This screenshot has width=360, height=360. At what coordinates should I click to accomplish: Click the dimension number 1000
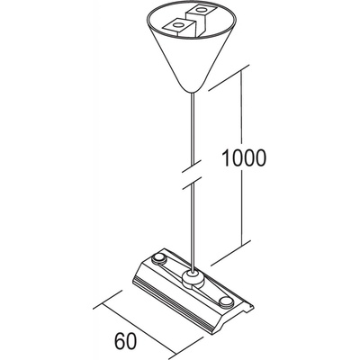tap(243, 157)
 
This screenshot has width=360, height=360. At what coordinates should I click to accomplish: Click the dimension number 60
tap(125, 339)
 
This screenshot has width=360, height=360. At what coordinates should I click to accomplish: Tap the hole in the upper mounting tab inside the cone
tap(199, 11)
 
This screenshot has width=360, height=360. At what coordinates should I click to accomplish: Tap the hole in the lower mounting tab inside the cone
tap(177, 24)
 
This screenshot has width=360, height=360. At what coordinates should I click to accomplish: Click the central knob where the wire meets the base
tap(191, 278)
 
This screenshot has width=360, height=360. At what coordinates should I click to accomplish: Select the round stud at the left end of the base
tap(159, 258)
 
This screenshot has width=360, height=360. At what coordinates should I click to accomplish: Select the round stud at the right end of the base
tap(226, 302)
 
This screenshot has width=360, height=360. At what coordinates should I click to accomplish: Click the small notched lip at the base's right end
tap(248, 308)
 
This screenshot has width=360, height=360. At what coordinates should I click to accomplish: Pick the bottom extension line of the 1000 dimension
tap(230, 253)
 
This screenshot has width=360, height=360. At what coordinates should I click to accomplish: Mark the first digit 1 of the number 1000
tap(226, 157)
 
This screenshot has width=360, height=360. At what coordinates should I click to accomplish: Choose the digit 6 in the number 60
tap(119, 339)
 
